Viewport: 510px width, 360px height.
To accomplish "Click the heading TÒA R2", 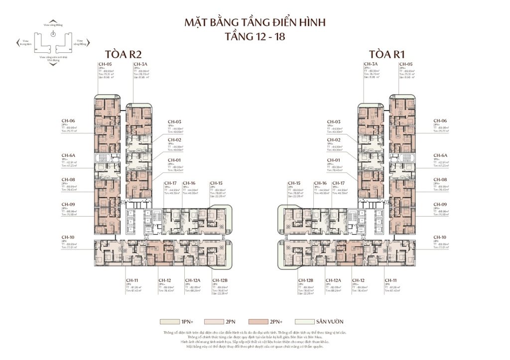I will tap(122, 54).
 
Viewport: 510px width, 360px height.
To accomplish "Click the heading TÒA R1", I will tap(385, 54).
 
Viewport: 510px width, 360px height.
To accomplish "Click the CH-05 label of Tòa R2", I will tap(104, 64).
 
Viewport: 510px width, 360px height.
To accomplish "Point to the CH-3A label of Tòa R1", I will tap(371, 64).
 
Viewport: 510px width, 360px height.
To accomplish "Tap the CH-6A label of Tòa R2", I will tap(68, 155).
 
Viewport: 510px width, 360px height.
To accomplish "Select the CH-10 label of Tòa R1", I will tap(440, 237).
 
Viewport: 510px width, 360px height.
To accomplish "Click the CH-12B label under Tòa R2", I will tap(219, 281).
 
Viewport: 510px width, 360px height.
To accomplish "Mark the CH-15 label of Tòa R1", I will tap(293, 183).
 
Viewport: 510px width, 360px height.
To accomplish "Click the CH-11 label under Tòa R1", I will tap(390, 281).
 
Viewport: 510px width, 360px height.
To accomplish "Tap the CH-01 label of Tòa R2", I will tap(174, 160).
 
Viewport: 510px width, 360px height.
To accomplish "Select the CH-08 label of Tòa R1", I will tap(440, 179).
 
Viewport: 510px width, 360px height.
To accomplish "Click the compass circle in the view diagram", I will tap(53, 34).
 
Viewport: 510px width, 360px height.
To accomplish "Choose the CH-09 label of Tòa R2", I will tap(68, 204).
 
